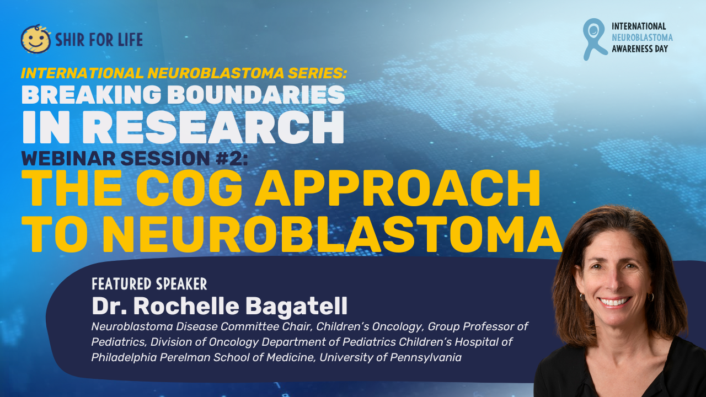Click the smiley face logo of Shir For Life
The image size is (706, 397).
[36, 39]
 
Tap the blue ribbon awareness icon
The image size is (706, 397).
[593, 39]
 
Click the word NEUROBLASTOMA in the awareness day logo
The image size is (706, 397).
[642, 37]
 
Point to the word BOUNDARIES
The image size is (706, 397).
[256, 94]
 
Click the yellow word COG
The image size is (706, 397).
[189, 189]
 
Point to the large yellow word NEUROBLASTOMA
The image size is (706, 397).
[336, 235]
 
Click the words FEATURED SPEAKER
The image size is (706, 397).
[149, 284]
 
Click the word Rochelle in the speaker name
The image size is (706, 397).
[186, 305]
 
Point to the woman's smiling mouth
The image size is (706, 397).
[615, 302]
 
